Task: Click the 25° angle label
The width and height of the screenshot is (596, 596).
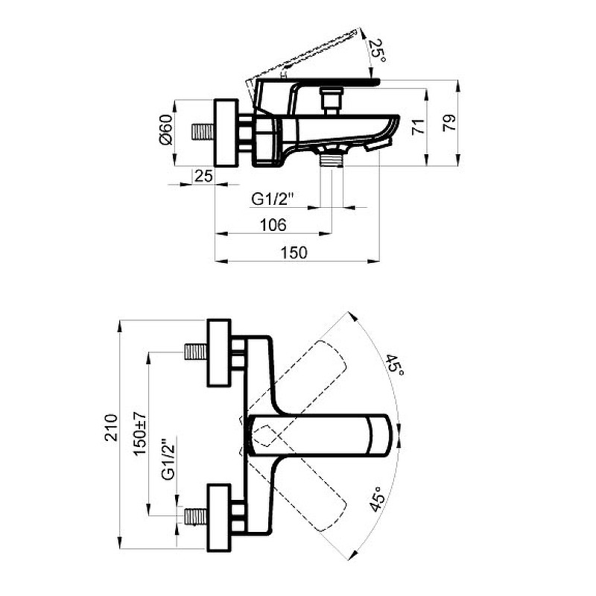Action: [378, 51]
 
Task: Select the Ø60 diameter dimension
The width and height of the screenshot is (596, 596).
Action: [166, 130]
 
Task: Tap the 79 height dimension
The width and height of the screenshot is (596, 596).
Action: [450, 123]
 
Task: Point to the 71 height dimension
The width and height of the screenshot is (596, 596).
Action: [418, 127]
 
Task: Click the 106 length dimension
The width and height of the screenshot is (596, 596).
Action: [273, 225]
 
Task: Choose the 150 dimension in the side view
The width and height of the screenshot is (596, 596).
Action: [294, 253]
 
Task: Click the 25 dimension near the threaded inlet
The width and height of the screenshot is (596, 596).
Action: [203, 176]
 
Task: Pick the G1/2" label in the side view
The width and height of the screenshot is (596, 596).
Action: [273, 199]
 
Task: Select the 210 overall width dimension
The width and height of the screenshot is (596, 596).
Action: [111, 428]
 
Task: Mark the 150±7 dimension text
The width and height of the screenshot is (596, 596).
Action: [139, 434]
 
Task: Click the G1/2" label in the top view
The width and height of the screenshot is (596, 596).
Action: [169, 460]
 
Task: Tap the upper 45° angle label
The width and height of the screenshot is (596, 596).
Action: [395, 364]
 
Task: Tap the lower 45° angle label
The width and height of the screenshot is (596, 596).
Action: [377, 498]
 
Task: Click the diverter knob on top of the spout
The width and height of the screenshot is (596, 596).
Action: [332, 101]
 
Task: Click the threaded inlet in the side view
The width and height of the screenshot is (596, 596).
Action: [203, 133]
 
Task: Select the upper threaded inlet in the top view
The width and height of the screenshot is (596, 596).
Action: [196, 352]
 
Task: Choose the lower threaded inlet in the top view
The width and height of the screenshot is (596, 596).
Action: [196, 517]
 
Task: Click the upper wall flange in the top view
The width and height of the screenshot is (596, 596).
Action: [219, 353]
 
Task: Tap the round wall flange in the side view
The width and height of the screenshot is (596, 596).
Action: [226, 133]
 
